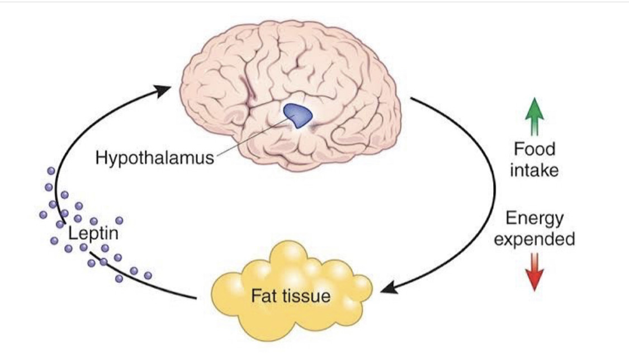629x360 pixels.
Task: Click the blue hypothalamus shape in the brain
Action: click(297, 114)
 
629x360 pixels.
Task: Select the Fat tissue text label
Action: click(290, 295)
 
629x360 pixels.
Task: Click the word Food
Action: click(535, 149)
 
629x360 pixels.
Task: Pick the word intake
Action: click(535, 169)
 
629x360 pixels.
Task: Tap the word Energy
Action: click(535, 219)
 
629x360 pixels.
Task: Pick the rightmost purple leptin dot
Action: click(148, 275)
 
